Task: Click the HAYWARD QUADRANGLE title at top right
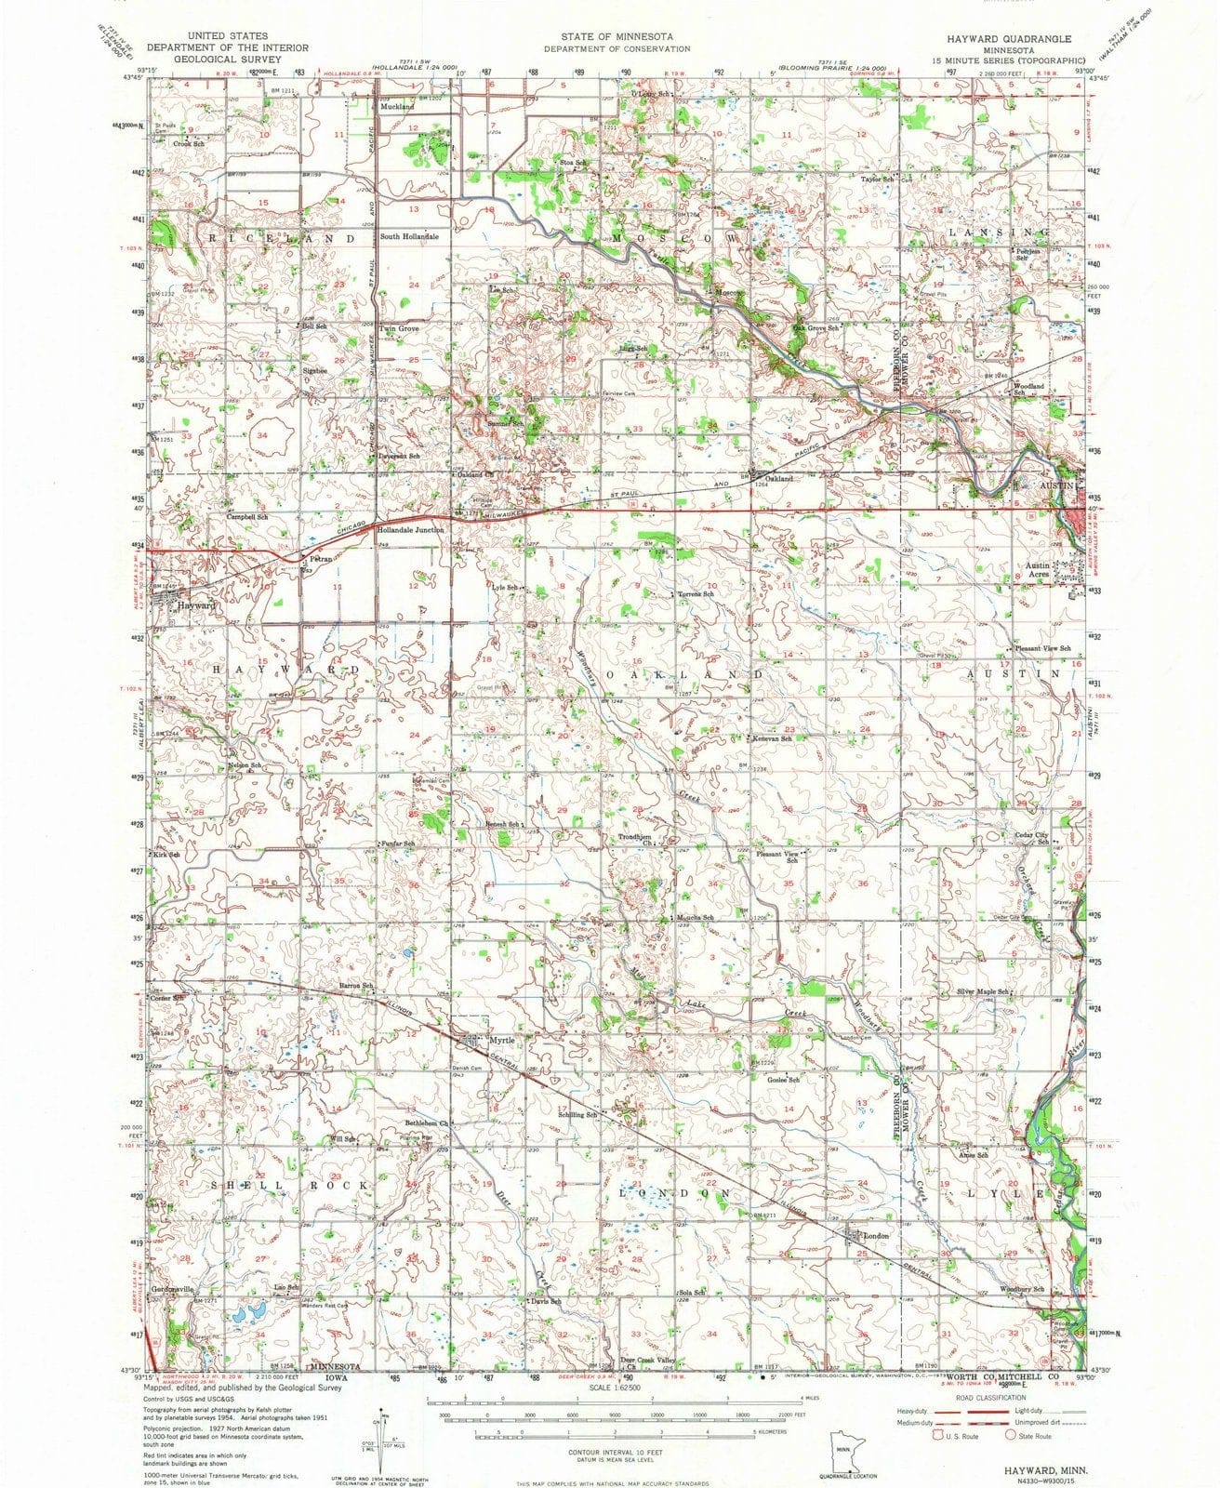coord(1010,39)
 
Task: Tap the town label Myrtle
coord(501,1040)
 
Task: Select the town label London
coord(877,1236)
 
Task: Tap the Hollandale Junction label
coord(410,529)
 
